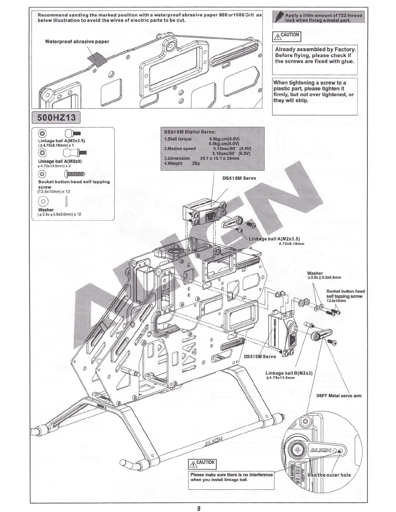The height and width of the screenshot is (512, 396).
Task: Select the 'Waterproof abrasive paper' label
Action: tap(77, 42)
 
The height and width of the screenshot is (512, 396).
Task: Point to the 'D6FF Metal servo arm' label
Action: tap(339, 396)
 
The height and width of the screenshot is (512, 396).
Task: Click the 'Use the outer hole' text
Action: tap(329, 475)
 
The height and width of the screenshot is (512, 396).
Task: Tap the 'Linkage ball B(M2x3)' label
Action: tap(289, 373)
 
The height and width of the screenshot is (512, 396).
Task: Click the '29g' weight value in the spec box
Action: tap(196, 164)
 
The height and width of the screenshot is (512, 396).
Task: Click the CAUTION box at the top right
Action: tap(287, 36)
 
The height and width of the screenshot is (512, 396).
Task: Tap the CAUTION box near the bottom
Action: tap(202, 464)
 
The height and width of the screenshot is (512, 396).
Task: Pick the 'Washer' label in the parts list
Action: tap(46, 210)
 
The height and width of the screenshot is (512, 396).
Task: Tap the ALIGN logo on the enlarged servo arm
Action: tap(320, 450)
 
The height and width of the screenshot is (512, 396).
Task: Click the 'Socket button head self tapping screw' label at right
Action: tap(345, 296)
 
